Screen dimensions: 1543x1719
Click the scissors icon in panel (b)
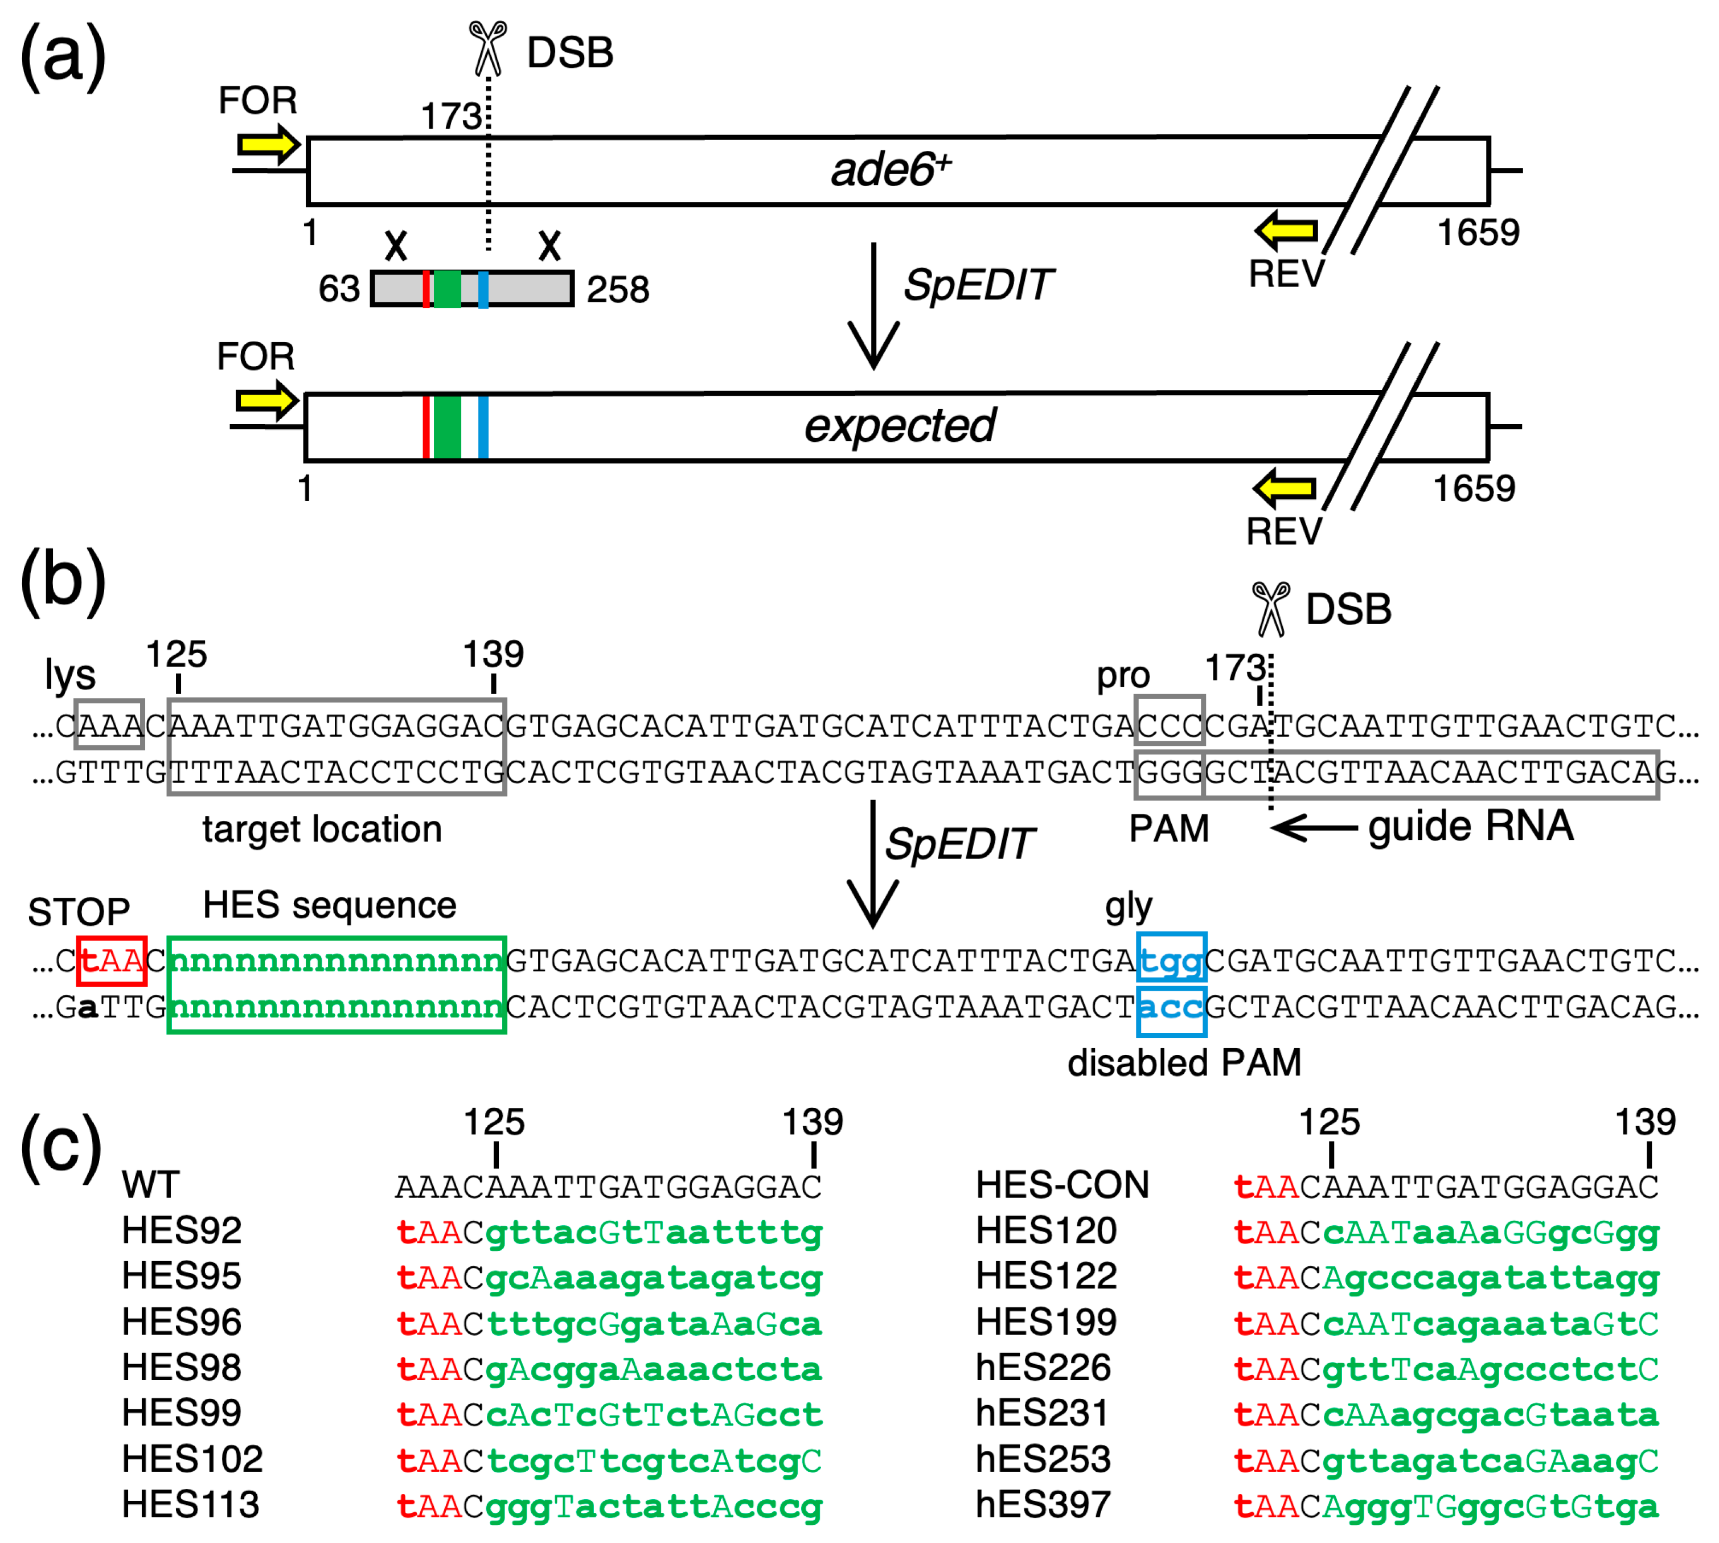click(1270, 609)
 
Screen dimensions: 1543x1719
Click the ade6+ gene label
click(889, 170)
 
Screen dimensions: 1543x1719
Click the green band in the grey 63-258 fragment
click(447, 289)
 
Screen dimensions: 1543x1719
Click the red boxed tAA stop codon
click(112, 961)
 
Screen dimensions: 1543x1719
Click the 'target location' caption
click(322, 829)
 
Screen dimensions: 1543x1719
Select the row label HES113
click(191, 1505)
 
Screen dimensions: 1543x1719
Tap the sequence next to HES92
click(609, 1232)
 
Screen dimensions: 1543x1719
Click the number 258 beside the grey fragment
click(618, 290)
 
